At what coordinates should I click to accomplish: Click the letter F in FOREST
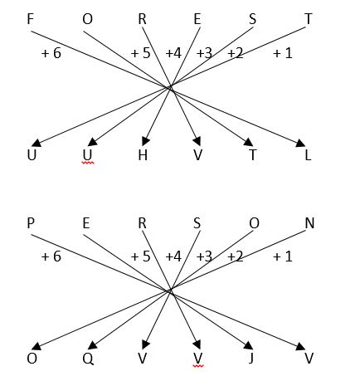(x=31, y=19)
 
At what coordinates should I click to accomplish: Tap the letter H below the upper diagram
(x=143, y=154)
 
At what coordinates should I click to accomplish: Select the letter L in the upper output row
(x=308, y=155)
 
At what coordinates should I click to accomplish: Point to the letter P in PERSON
(x=31, y=223)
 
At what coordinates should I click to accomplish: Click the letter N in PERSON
(x=309, y=223)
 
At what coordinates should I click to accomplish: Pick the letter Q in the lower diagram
(x=88, y=359)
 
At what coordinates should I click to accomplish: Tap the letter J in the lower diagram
(x=251, y=359)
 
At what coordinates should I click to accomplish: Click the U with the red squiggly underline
(x=87, y=155)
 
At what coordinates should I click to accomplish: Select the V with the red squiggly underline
(x=198, y=359)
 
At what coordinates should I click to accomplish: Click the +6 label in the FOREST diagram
(x=51, y=53)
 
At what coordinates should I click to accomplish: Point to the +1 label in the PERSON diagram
(x=283, y=256)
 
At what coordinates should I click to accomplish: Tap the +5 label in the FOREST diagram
(x=140, y=53)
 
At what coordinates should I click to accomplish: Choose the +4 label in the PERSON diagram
(x=173, y=256)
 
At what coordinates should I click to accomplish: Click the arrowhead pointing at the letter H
(x=145, y=141)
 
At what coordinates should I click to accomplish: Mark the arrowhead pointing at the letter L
(x=300, y=143)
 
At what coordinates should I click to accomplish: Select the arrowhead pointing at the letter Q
(x=92, y=345)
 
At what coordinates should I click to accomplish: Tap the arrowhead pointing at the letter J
(x=248, y=345)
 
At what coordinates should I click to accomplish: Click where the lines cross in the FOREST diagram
(x=170, y=87)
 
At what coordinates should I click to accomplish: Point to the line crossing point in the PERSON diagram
(x=170, y=291)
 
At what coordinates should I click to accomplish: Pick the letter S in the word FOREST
(x=252, y=19)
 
